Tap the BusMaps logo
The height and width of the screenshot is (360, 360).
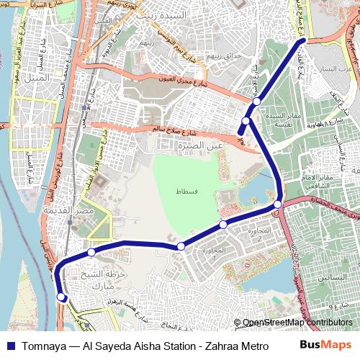click(x=325, y=346)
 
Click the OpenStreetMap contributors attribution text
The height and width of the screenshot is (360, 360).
click(x=297, y=323)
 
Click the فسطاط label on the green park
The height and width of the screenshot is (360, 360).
click(x=186, y=192)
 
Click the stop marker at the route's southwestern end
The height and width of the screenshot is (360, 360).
click(x=62, y=296)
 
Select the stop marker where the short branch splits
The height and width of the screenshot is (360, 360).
click(x=246, y=121)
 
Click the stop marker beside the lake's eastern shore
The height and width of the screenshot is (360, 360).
click(x=278, y=205)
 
